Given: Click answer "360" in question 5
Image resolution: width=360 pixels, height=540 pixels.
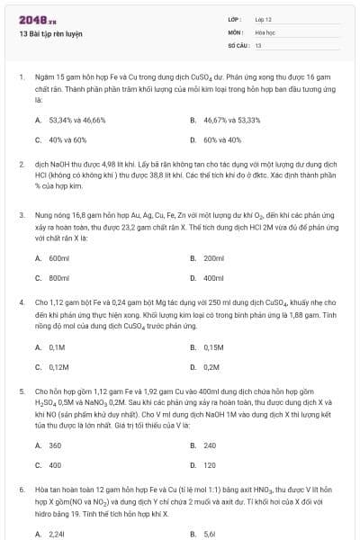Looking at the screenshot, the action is click(55, 445).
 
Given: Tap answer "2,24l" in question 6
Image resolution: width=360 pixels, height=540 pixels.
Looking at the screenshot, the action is click(57, 534).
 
